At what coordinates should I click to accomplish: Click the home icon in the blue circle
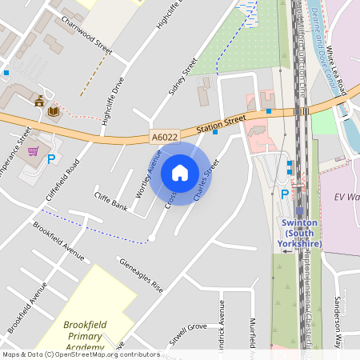180,172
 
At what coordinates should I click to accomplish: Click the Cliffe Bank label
110,202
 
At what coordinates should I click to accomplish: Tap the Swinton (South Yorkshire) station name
301,233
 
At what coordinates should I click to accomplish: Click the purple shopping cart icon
33,150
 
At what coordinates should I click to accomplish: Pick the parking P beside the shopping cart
51,159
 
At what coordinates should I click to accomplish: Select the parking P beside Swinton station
284,194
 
